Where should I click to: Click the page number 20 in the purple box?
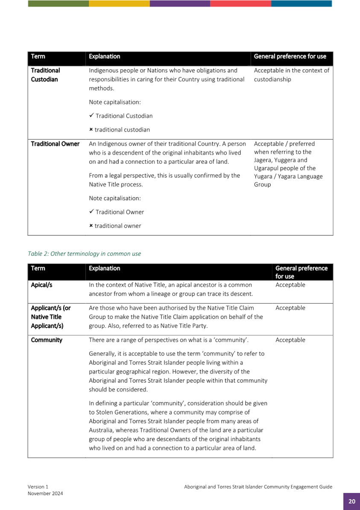click(351, 501)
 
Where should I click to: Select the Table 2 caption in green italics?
click(84, 253)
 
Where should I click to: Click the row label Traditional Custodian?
click(45, 75)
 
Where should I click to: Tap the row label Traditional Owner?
click(55, 144)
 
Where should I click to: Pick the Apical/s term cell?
click(41, 285)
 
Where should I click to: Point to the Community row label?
click(47, 340)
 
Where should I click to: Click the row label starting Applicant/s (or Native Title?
click(50, 317)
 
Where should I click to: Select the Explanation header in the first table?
click(104, 56)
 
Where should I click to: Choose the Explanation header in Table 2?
click(104, 268)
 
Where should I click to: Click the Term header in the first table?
click(38, 56)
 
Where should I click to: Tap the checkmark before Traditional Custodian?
click(91, 116)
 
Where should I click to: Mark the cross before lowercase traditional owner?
click(91, 226)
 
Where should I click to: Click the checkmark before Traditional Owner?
click(91, 212)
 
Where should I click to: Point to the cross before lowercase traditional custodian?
click(91, 130)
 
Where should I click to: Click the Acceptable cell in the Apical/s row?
click(290, 285)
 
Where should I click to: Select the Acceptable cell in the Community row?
click(290, 340)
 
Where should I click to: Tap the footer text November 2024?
click(45, 493)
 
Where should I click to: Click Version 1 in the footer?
click(38, 487)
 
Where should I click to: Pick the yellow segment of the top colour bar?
click(119, 3)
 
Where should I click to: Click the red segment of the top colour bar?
click(240, 3)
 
